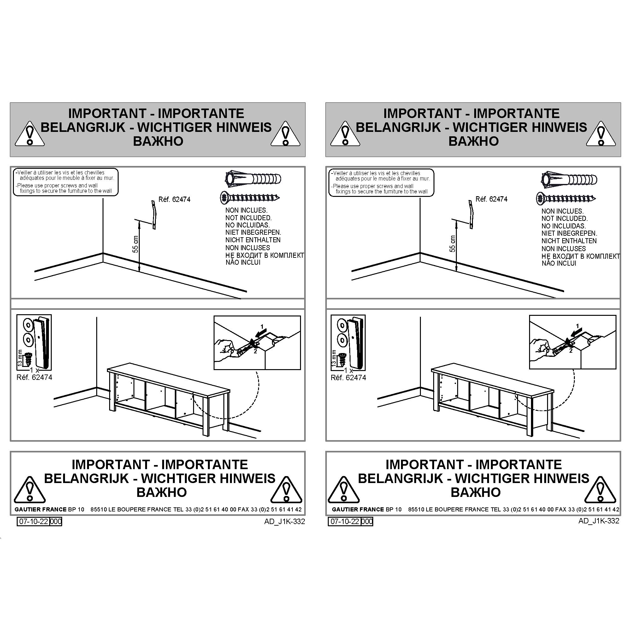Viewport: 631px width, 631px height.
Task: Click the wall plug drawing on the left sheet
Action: [253, 179]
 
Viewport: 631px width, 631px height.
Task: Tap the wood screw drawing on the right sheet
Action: [566, 198]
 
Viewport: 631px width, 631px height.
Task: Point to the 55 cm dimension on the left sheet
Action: [136, 244]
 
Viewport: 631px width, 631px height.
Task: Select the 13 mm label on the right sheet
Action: [333, 358]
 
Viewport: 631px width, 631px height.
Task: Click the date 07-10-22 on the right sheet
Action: [344, 521]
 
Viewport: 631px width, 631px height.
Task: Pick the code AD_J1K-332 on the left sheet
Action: [285, 521]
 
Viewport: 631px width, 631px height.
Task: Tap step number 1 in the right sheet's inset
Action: [577, 326]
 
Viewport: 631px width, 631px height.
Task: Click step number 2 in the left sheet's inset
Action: [256, 351]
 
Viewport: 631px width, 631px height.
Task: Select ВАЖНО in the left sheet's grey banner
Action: [158, 141]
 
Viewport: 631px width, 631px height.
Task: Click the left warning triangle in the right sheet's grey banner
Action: [345, 134]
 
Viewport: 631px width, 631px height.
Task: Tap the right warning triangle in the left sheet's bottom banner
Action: [286, 490]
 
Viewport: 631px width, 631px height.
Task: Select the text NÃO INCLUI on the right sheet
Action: [559, 263]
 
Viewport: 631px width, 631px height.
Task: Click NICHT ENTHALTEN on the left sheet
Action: [253, 240]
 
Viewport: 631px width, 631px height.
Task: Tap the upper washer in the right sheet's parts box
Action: [342, 326]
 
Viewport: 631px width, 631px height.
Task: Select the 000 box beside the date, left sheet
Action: [56, 521]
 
